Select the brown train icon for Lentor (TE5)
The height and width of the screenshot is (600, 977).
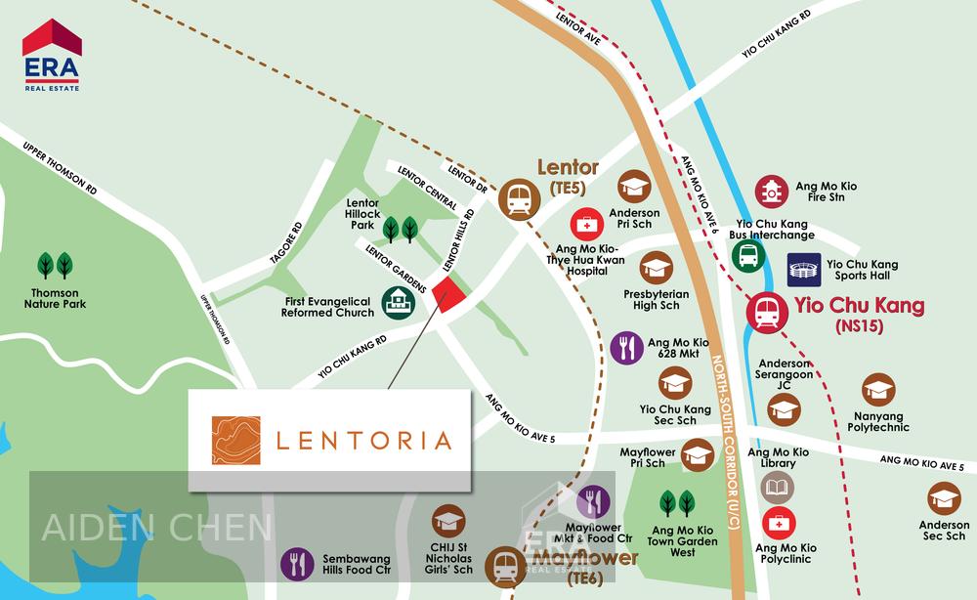tap(516, 199)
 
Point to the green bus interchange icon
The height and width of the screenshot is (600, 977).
tap(748, 256)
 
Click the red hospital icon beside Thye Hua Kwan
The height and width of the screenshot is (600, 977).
tap(587, 225)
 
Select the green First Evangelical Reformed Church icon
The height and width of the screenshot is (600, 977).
tap(398, 303)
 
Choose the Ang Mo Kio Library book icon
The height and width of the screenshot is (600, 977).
tap(778, 487)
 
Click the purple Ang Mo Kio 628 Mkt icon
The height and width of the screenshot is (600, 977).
tap(626, 348)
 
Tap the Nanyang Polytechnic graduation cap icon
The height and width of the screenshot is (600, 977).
tap(878, 390)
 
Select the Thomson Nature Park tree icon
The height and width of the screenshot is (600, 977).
tap(55, 265)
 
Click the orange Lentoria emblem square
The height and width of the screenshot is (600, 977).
tap(236, 441)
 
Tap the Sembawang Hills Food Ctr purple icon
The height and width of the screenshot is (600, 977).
tap(297, 564)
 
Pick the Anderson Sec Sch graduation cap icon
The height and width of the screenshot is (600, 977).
tap(944, 498)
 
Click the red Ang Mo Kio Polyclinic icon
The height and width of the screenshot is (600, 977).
tap(779, 524)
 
